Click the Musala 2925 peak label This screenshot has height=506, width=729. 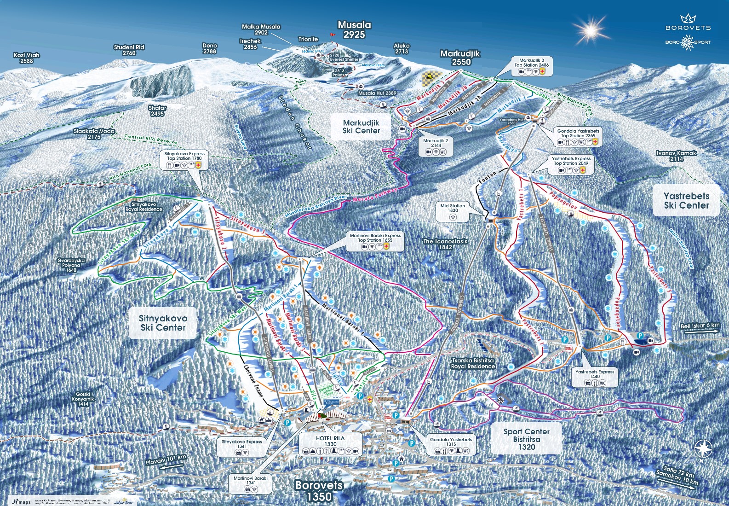click(x=354, y=29)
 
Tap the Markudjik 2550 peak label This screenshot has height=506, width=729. click(x=460, y=58)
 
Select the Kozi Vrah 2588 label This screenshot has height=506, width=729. click(x=27, y=58)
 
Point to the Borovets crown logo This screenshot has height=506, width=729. click(x=688, y=18)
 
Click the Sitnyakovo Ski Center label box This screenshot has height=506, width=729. click(x=163, y=323)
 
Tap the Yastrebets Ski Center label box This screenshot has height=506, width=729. click(x=686, y=201)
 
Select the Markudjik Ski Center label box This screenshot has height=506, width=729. click(x=361, y=127)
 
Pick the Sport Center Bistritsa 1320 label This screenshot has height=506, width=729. click(x=527, y=439)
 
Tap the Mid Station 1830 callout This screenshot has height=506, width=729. click(x=453, y=211)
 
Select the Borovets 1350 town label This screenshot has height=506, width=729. click(x=319, y=490)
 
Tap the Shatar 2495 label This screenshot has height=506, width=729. click(x=157, y=111)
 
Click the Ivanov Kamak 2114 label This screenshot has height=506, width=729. click(x=676, y=156)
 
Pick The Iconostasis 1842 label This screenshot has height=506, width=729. click(x=445, y=244)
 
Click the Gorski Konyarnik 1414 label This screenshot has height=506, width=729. click(x=83, y=399)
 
